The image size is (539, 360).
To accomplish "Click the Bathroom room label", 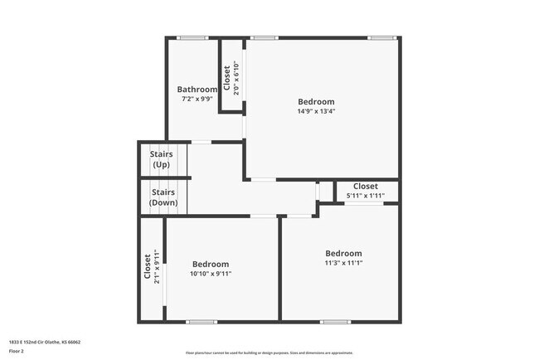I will pos(197,90).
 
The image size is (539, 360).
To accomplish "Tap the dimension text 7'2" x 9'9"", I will pos(197,99).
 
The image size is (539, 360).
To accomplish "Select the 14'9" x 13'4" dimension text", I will pos(316,111).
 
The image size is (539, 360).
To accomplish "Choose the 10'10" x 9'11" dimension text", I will pos(210,274).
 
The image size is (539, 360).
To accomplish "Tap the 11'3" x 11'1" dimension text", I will pos(343,263).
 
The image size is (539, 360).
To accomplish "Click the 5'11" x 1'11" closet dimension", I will pos(366,196).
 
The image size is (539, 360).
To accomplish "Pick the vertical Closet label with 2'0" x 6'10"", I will pos(227,78).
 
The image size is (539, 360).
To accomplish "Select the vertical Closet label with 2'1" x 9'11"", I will pos(148,267).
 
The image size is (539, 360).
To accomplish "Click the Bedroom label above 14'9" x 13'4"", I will pos(316,102).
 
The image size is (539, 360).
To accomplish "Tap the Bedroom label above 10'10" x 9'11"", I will pos(210,265).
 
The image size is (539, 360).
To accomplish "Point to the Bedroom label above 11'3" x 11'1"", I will pos(343,254).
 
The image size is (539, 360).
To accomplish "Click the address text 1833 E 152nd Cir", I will pos(43,342).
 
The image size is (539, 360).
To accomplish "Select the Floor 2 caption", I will pos(17,351).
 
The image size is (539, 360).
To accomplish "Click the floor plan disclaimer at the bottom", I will pos(269,353).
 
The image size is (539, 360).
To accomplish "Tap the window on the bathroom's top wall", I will pos(192,37).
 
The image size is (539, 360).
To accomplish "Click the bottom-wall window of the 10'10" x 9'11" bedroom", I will pos(201,321).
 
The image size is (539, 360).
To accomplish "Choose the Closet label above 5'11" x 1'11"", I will pos(366,187).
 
